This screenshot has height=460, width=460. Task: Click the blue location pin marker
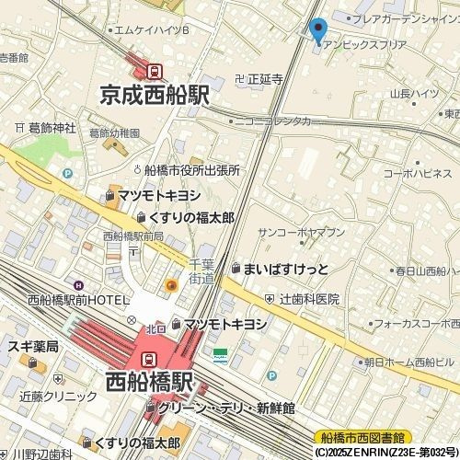318,31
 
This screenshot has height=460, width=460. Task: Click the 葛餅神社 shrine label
52,128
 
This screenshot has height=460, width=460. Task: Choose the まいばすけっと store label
284,269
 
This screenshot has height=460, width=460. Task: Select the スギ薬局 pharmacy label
33,347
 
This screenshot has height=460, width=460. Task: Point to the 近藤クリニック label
58,397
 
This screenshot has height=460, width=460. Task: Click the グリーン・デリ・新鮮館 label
224,407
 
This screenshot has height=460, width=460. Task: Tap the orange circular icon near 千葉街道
171,286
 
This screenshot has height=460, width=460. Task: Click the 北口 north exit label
155,329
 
